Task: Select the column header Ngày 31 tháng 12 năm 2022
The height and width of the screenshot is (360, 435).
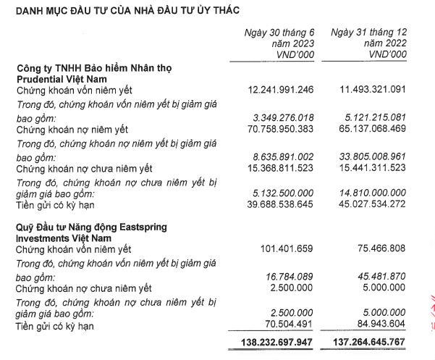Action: point(368,43)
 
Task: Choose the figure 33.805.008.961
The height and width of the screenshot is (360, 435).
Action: point(366,156)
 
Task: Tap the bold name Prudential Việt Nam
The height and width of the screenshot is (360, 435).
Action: point(64,78)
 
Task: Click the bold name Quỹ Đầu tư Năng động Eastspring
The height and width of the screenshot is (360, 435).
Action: point(91,227)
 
